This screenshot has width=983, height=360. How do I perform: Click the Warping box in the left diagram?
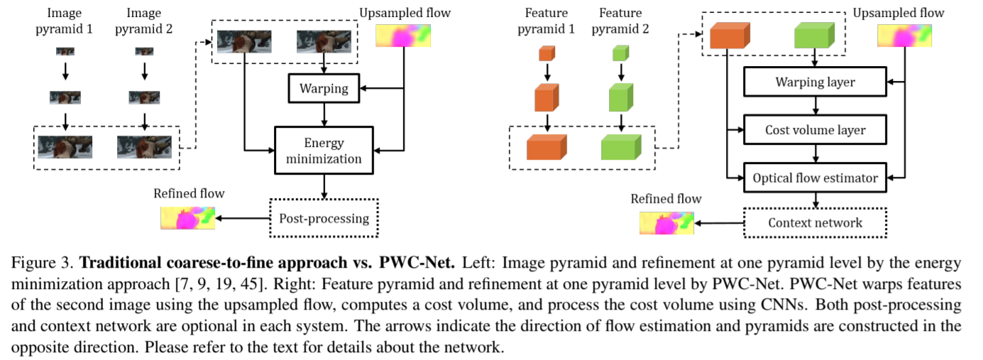click(x=324, y=89)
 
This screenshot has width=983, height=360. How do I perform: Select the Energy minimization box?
click(x=324, y=151)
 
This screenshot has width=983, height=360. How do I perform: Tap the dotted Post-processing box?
click(x=324, y=217)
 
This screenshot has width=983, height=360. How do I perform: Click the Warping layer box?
click(x=815, y=82)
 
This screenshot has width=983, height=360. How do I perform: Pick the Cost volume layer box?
click(x=815, y=131)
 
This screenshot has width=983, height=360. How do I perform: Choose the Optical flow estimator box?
click(x=815, y=178)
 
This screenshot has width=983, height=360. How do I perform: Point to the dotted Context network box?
click(x=815, y=223)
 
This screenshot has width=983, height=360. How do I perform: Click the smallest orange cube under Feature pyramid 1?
click(x=547, y=53)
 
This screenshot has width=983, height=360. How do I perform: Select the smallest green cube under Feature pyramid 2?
click(x=621, y=53)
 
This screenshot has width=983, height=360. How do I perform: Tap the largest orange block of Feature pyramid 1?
click(x=547, y=146)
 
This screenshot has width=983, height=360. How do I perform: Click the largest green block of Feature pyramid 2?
click(x=621, y=146)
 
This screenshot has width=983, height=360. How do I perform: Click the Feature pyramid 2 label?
click(x=622, y=21)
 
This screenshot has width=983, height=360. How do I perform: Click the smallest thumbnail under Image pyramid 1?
click(x=65, y=51)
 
